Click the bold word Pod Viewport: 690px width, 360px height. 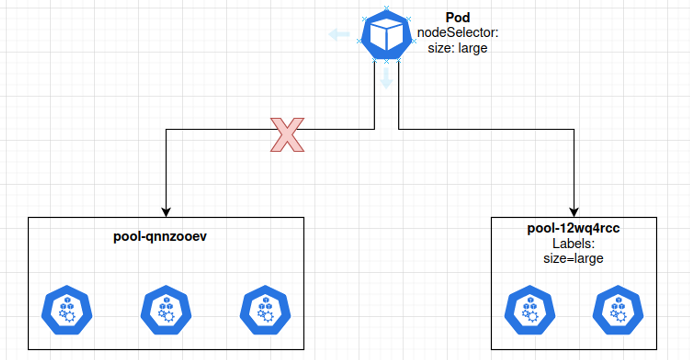point(458,18)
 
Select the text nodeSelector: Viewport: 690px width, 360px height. point(458,33)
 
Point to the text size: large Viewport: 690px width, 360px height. point(458,48)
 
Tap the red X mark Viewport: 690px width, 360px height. point(287,134)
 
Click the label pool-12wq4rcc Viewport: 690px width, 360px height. point(573,229)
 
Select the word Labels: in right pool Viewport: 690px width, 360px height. point(573,244)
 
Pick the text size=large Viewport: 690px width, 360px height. point(573,258)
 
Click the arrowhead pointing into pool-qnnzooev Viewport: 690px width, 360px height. point(166,212)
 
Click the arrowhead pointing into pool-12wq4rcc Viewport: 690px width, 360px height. point(574,212)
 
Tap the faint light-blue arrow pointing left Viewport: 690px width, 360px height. point(339,34)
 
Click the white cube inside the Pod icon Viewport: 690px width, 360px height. point(386,36)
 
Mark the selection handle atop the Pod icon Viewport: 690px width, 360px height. point(386,8)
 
